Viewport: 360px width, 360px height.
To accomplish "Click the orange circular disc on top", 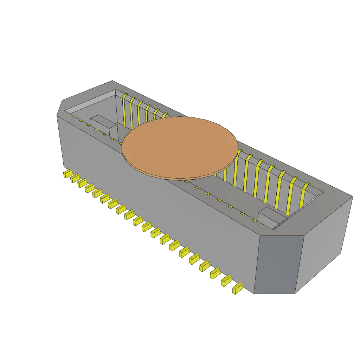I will pyautogui.click(x=179, y=146).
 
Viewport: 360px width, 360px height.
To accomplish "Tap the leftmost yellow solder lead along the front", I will pyautogui.click(x=67, y=174).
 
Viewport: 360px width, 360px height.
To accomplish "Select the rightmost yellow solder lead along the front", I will pyautogui.click(x=237, y=288).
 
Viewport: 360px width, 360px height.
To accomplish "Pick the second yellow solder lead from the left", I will pyautogui.click(x=75, y=178).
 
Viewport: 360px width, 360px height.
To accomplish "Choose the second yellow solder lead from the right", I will pyautogui.click(x=227, y=281).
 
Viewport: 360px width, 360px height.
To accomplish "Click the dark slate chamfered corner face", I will pyautogui.click(x=278, y=264).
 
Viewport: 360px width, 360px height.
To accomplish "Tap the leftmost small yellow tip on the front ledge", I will pyautogui.click(x=73, y=116).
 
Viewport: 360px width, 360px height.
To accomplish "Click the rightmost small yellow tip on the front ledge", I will pyautogui.click(x=255, y=221).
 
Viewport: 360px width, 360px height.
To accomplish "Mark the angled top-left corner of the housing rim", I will pyautogui.click(x=60, y=108).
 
